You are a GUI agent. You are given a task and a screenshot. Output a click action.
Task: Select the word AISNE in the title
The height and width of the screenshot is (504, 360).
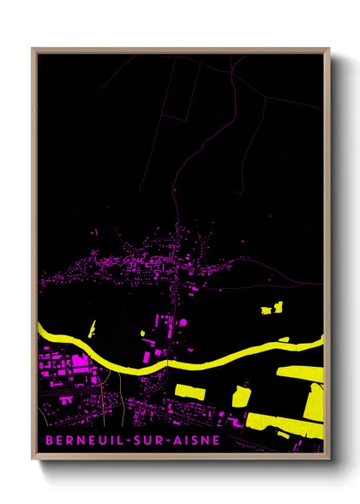tap(195, 442)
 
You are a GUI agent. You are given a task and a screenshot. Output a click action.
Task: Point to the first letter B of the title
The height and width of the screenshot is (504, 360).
tap(45, 442)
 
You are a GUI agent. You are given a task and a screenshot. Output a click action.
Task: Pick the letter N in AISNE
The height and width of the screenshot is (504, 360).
tap(206, 442)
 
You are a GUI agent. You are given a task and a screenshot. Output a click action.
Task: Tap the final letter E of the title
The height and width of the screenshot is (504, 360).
tap(216, 442)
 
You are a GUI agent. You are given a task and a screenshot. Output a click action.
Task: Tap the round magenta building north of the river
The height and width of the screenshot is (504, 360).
tap(182, 323)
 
